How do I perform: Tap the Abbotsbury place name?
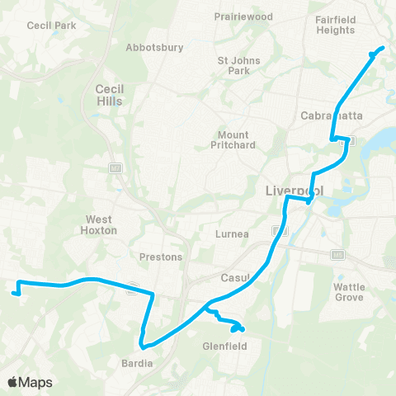(x=154, y=47)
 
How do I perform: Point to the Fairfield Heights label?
(x=335, y=25)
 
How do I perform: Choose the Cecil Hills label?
(x=109, y=95)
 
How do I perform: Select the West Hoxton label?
(x=101, y=225)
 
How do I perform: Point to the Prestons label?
(x=161, y=257)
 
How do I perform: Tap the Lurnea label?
(x=233, y=233)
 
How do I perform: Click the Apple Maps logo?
(x=29, y=382)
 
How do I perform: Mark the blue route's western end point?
(x=14, y=291)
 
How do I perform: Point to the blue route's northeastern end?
(x=383, y=49)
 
